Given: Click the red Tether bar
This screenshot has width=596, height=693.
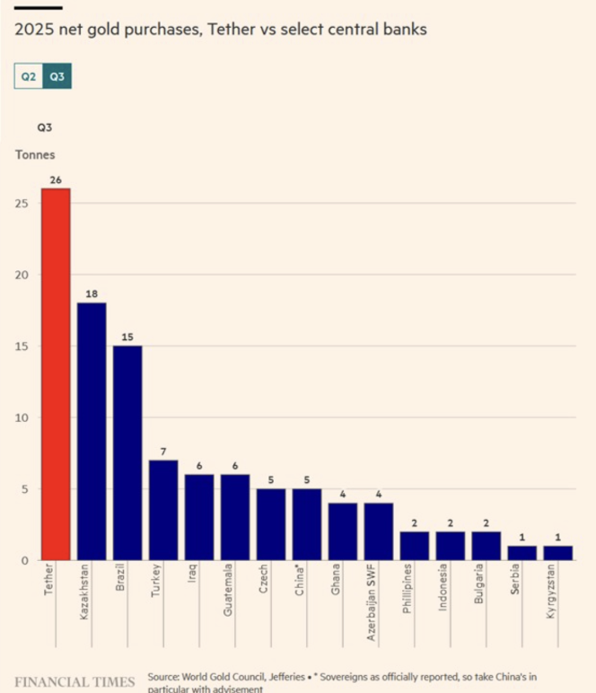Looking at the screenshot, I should tap(56, 374).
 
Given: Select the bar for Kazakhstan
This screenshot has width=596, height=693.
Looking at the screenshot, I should tap(92, 431).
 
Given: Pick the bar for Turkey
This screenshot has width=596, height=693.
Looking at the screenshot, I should tap(163, 510).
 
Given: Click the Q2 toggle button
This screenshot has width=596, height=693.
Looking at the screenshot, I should tap(29, 77).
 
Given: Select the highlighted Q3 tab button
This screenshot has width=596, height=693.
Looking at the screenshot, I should tap(57, 77).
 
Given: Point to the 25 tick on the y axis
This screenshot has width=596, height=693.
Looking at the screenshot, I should tap(22, 204).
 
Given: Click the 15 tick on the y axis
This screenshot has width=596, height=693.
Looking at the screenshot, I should tap(22, 346).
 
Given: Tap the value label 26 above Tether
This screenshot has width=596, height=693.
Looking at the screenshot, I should tap(56, 180).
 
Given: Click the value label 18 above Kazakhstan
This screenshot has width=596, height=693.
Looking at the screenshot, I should tap(92, 294).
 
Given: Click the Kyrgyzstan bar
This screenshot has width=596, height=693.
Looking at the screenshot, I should tap(557, 553).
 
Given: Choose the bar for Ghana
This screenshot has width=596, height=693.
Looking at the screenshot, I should tap(342, 531).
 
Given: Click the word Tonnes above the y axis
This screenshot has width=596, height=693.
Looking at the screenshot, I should tap(35, 154).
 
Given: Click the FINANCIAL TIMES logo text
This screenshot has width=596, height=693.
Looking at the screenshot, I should tap(74, 681).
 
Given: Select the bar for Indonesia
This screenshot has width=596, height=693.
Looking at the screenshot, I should tap(451, 546).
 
